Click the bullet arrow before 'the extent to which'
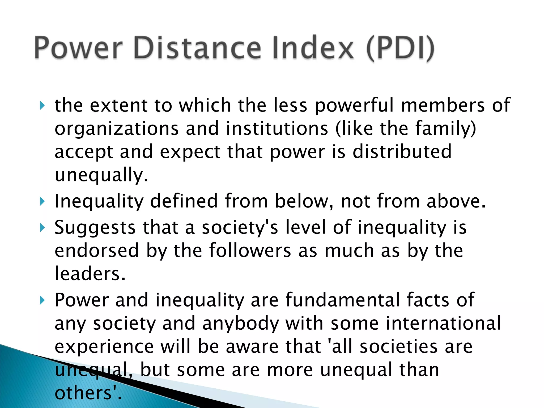(x=42, y=105)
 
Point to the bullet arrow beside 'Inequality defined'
(x=42, y=201)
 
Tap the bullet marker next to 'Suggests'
(x=42, y=228)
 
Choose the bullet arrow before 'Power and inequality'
(x=42, y=300)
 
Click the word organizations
(x=117, y=129)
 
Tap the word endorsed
(x=97, y=250)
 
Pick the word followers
(x=250, y=250)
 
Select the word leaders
(x=90, y=274)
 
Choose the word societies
(x=398, y=347)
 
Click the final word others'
(x=88, y=393)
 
